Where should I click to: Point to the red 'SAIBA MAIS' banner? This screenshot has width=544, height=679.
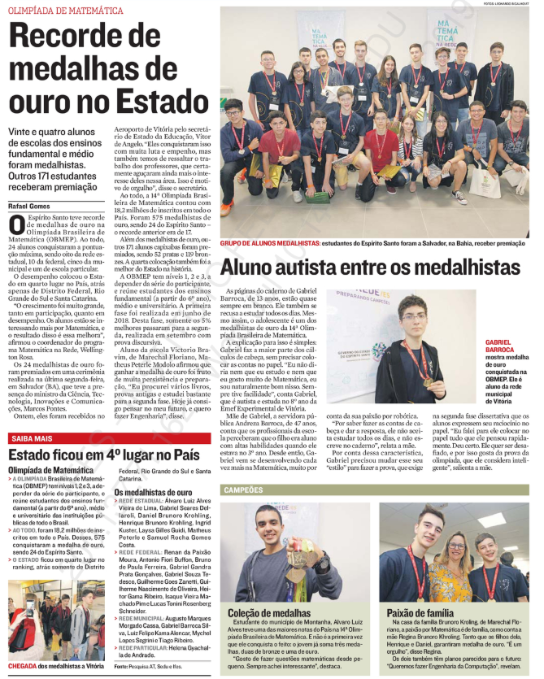[x=33, y=439]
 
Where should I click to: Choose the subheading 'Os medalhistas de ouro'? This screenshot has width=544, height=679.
[x=154, y=493]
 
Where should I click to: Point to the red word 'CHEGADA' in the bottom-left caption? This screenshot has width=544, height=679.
[x=25, y=665]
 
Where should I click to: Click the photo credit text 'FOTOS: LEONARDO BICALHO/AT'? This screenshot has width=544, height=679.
[x=503, y=4]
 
